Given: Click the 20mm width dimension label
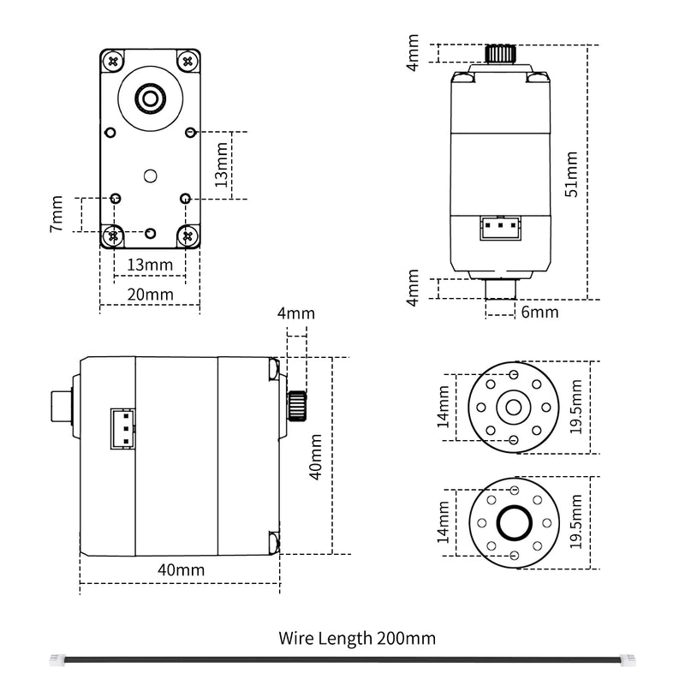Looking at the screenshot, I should (x=150, y=295).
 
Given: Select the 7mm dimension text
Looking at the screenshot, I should (x=57, y=214).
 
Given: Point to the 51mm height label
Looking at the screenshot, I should (x=571, y=173).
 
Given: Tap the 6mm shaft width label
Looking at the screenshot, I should (x=539, y=313).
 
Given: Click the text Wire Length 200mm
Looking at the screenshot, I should (x=357, y=638).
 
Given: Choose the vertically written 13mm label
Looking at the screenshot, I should (x=222, y=165).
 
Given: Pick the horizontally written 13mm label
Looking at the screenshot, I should (x=149, y=265).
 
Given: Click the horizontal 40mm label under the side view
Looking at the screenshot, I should (x=182, y=569).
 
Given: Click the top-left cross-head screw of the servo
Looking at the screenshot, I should (x=113, y=61).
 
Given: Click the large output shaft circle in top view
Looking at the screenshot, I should (x=151, y=98).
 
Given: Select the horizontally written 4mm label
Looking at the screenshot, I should (x=295, y=313).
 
